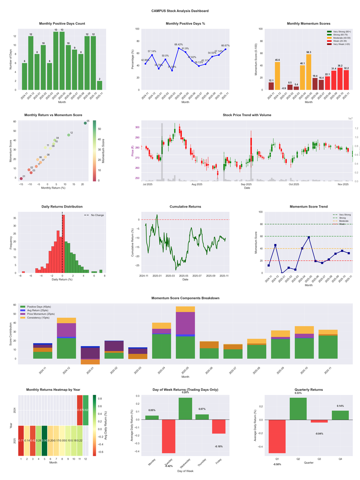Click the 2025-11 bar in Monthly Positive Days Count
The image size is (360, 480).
[x=99, y=85]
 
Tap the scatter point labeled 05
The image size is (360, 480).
[x=85, y=123]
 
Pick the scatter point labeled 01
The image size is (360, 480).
[x=21, y=179]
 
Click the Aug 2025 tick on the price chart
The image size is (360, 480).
[x=197, y=184]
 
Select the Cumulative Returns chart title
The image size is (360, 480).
[x=185, y=207]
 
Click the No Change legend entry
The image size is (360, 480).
[x=94, y=215]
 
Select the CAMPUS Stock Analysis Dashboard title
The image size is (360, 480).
[x=180, y=11]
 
